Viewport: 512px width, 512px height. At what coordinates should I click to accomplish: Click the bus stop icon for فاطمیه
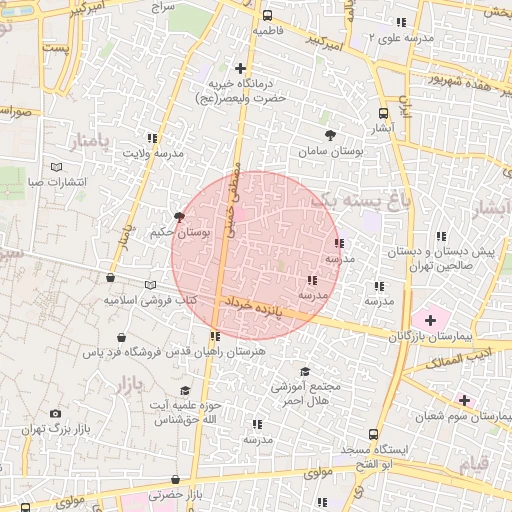point(267,16)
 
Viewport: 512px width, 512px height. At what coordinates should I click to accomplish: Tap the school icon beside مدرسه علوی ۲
point(401,21)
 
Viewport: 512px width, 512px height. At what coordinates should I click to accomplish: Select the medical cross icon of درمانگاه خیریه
point(240,68)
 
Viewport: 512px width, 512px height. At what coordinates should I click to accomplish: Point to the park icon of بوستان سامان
point(331,134)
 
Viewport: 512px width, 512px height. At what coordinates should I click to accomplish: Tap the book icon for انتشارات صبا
point(56,167)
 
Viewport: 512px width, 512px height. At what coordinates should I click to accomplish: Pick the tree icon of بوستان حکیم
point(179,216)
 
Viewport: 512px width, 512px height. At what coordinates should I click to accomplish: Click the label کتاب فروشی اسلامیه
point(150,300)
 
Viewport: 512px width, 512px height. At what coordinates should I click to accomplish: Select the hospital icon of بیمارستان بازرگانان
point(431,320)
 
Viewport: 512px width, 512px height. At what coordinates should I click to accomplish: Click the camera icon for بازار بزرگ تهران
point(54,413)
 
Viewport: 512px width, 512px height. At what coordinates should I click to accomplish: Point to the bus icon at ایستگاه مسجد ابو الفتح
point(373,434)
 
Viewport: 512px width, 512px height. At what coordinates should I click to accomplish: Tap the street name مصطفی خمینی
point(235,190)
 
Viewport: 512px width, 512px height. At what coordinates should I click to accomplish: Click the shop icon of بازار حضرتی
point(175,480)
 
